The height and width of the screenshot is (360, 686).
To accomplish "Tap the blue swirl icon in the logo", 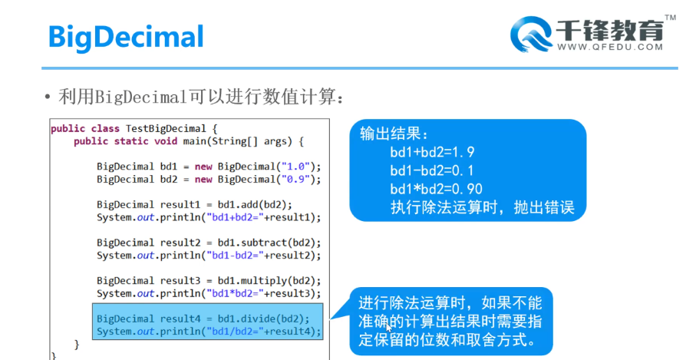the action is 529,33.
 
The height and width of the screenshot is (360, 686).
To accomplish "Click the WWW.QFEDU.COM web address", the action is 610,47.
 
